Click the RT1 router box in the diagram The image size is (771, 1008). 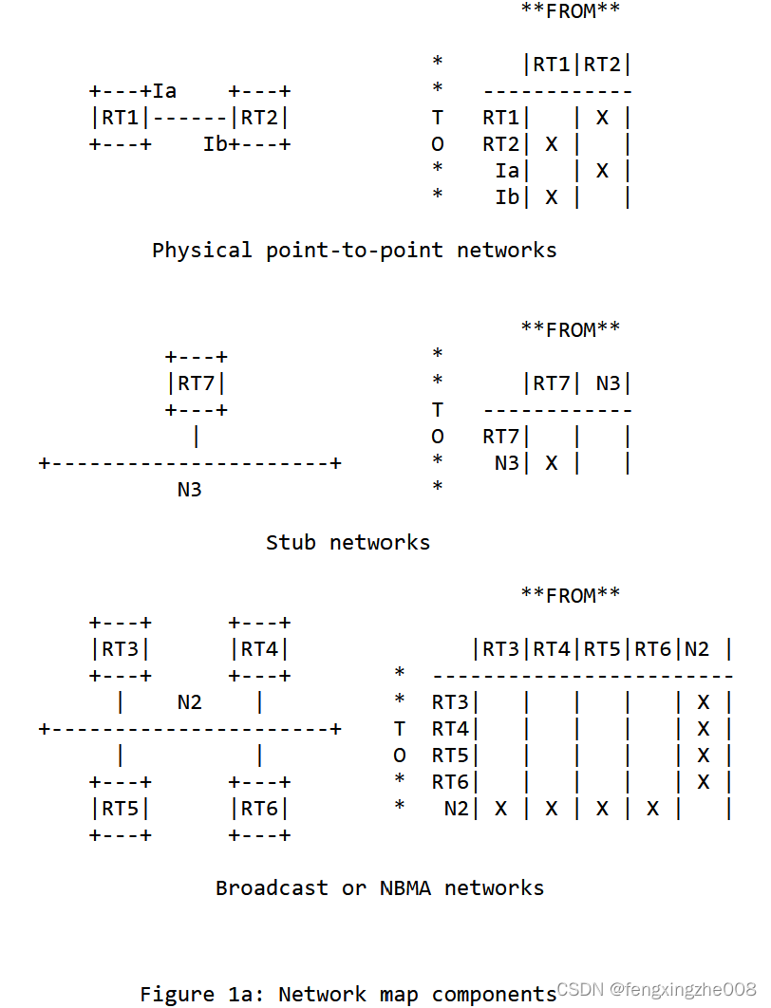pos(121,118)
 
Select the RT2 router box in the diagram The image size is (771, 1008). pos(259,118)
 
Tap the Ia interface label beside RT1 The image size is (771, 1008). pos(164,91)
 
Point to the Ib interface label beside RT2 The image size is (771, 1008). pos(216,144)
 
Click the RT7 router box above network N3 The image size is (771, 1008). pos(197,383)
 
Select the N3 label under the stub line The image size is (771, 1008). pos(190,490)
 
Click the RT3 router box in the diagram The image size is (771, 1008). pos(121,649)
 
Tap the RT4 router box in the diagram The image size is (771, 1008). pos(259,649)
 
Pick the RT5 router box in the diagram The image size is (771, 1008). pos(121,809)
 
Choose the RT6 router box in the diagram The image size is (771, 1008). pos(259,809)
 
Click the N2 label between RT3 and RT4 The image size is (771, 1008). pos(190,702)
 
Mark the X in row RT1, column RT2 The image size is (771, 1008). pos(602,118)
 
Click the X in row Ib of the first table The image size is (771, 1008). pos(551,197)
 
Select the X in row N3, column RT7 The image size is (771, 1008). pos(551,463)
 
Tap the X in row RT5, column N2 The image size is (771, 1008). pos(703,756)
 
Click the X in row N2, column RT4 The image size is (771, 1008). pos(551,809)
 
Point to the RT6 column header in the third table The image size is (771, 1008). pos(652,649)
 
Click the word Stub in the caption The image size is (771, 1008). pos(291,543)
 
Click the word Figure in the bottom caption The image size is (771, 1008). pos(178,994)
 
